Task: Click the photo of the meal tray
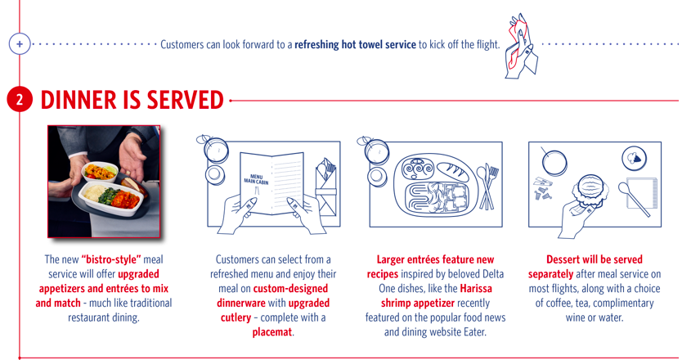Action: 103,181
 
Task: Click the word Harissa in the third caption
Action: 475,288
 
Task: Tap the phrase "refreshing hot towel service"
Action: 356,44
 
